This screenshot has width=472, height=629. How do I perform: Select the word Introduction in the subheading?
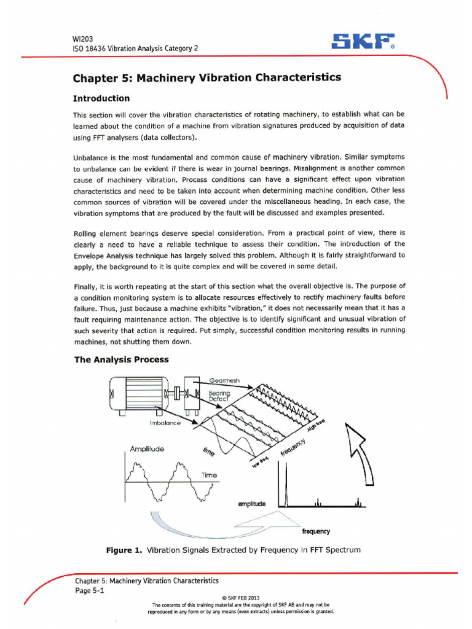101,98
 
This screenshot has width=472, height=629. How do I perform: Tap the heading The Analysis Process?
121,359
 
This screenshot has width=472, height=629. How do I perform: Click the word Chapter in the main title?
94,78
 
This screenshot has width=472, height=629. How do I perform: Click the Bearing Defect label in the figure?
219,396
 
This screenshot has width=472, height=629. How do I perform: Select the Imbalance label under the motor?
165,423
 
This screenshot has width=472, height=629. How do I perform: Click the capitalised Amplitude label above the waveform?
147,449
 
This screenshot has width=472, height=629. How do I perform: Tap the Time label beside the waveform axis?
209,475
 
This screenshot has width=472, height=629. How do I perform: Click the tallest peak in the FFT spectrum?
280,482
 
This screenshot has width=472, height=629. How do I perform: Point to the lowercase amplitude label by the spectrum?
251,504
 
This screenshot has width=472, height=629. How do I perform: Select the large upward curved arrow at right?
365,451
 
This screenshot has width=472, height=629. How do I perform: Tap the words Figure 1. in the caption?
124,550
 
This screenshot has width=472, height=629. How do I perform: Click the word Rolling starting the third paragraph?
87,233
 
